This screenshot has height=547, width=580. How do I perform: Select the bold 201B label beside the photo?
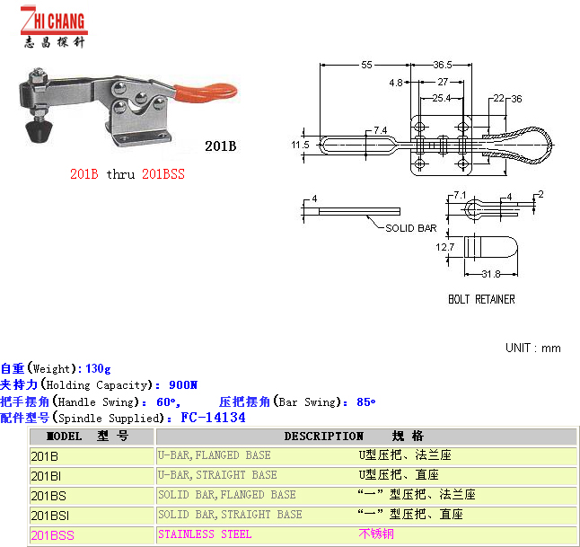point(220,146)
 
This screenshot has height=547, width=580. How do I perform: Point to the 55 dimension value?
point(367,65)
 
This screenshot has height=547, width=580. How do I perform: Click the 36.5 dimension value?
point(442,65)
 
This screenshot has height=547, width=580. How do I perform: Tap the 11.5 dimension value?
point(300,144)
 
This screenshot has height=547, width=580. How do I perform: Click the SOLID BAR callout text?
point(411,228)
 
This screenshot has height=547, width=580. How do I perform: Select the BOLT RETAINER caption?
point(481,299)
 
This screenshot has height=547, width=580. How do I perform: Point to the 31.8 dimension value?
point(490,275)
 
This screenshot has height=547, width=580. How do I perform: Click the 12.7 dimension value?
point(445,246)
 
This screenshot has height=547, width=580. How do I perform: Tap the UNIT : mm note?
point(532,348)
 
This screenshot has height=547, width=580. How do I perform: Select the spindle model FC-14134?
point(213,418)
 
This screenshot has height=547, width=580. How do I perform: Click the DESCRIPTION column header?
point(324,437)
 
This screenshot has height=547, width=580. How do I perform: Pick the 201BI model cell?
point(46,475)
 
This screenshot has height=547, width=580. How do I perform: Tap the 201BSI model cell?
point(49,515)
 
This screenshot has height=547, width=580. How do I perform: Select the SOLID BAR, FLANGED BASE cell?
point(226,495)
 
